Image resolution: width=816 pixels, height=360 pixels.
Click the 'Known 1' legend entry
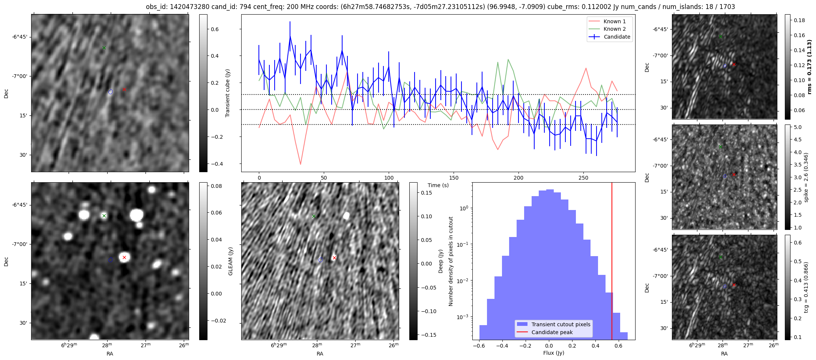coord(615,21)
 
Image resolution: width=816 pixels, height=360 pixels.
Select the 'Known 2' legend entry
coord(615,29)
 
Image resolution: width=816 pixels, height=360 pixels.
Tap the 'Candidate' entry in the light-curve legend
coord(617,37)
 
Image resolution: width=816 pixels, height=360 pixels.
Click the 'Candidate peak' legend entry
coord(552,332)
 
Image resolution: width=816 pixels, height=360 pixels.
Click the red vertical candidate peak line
coord(612,244)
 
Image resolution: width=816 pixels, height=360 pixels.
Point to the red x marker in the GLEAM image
coord(124,257)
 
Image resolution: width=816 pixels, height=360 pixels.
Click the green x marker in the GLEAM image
coord(104,216)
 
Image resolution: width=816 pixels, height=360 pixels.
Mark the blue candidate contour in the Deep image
coord(320,259)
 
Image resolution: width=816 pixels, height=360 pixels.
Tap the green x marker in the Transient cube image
coord(104,48)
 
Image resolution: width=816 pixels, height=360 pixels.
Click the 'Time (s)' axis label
coord(438,185)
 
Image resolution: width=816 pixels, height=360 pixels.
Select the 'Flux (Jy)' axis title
coord(553,353)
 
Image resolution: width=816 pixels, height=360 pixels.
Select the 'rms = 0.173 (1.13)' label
coord(809,67)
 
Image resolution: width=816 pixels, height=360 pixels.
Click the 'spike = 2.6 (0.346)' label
coord(806,177)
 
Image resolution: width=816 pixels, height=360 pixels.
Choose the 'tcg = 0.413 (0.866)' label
coord(806,287)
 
